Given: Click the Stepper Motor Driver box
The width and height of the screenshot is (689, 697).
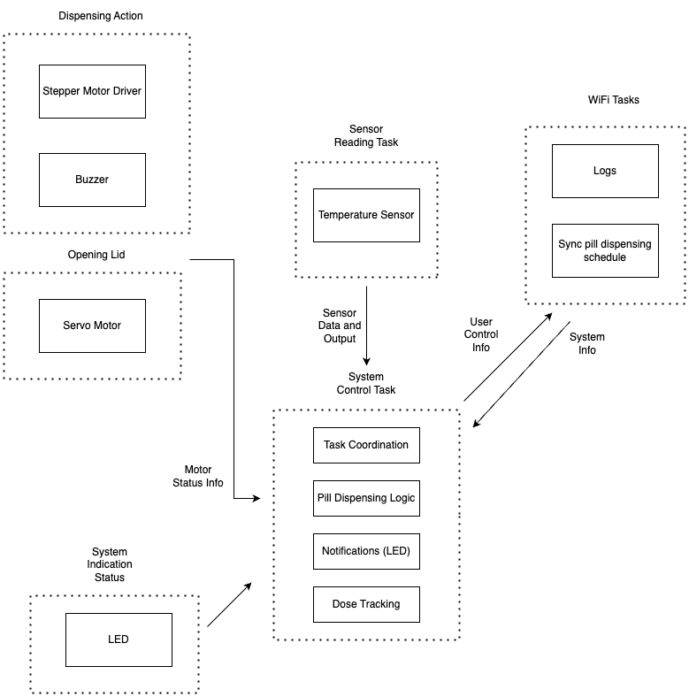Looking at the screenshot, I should pyautogui.click(x=92, y=90).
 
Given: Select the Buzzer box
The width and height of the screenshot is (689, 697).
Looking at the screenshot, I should pyautogui.click(x=92, y=179).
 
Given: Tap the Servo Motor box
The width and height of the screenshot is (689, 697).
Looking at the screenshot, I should pyautogui.click(x=92, y=326).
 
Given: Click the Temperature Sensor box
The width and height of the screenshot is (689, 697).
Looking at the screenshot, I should pyautogui.click(x=366, y=215).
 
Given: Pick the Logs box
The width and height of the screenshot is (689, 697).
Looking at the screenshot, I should pyautogui.click(x=605, y=171).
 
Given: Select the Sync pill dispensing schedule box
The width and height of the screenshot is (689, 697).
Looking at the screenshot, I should pyautogui.click(x=605, y=250).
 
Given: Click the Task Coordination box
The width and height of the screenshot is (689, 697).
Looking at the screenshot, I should pyautogui.click(x=366, y=445).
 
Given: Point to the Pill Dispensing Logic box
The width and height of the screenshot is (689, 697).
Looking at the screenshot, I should pyautogui.click(x=366, y=498).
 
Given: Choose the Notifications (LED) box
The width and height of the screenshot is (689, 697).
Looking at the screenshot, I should pyautogui.click(x=366, y=551).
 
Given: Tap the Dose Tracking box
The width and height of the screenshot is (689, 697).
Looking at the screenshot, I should pyautogui.click(x=366, y=604).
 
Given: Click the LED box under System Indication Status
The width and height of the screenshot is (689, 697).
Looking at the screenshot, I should pyautogui.click(x=119, y=640).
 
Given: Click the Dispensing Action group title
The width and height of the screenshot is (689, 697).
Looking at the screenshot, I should pyautogui.click(x=101, y=16).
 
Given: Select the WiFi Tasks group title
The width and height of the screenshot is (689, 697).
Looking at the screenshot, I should pyautogui.click(x=614, y=100).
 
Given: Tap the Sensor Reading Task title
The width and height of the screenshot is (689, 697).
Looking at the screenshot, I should pyautogui.click(x=366, y=135).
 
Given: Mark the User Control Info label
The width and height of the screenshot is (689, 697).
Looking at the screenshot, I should pyautogui.click(x=481, y=334).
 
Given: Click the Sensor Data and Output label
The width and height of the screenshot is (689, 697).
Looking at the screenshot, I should pyautogui.click(x=340, y=326).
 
